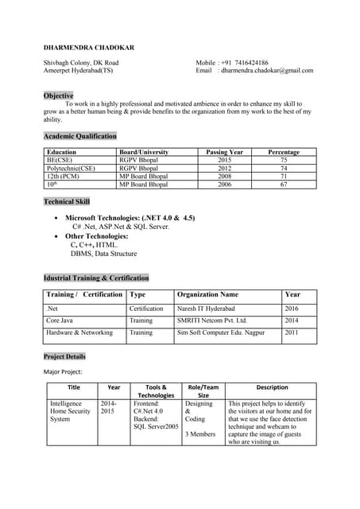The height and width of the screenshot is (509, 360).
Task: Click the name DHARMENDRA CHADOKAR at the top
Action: pyautogui.click(x=88, y=48)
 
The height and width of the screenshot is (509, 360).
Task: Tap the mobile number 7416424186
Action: pyautogui.click(x=244, y=62)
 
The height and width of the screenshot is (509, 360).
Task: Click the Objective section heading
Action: pyautogui.click(x=58, y=95)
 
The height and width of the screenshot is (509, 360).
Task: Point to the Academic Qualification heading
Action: pyautogui.click(x=79, y=136)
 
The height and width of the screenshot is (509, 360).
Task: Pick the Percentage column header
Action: pyautogui.click(x=284, y=151)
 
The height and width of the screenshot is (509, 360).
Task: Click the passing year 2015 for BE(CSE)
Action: pyautogui.click(x=224, y=160)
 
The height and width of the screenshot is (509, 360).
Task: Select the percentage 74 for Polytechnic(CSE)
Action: pyautogui.click(x=284, y=168)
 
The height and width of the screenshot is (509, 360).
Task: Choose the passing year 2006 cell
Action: pyautogui.click(x=224, y=184)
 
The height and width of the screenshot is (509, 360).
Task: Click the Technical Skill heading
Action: pyautogui.click(x=72, y=201)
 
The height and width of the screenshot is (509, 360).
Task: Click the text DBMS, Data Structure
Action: pyautogui.click(x=103, y=254)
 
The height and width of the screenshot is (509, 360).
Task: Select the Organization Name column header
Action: pyautogui.click(x=207, y=294)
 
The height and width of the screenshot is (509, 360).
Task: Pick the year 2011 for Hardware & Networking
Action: pyautogui.click(x=292, y=332)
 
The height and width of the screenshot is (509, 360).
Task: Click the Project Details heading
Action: pyautogui.click(x=64, y=356)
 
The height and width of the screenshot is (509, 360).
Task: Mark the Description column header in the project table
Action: pyautogui.click(x=272, y=387)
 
